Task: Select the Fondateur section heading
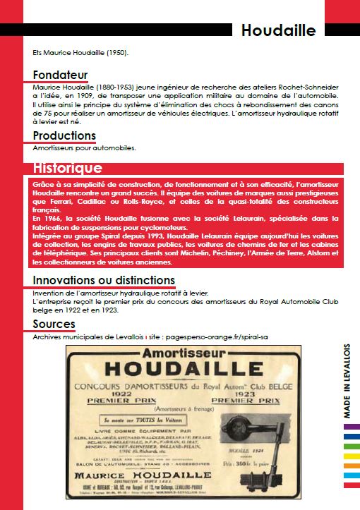coord(60,75)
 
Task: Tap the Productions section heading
coord(64,135)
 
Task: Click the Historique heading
coord(67,168)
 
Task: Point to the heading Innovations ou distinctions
coord(104,280)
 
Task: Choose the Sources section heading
coord(54,324)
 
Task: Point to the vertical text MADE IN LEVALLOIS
coord(347,382)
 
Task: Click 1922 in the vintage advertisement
coord(123,396)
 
